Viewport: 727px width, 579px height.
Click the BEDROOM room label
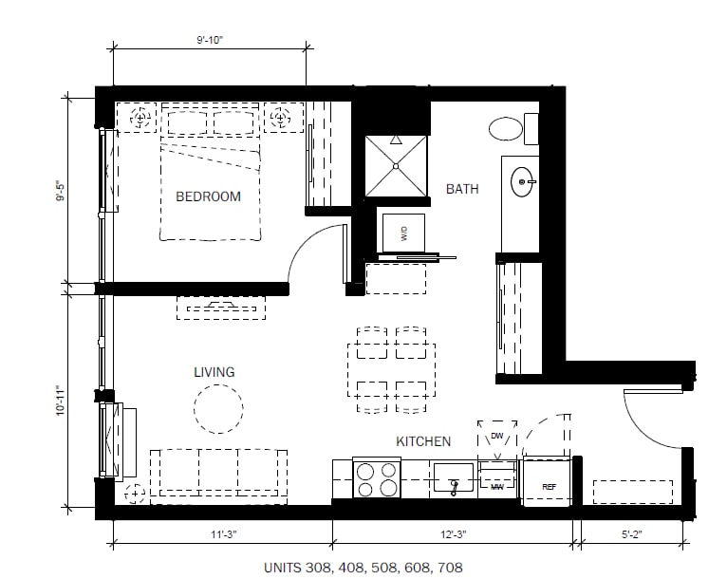coord(208,196)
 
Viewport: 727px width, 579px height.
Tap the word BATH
coord(462,189)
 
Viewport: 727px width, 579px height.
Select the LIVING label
coord(214,372)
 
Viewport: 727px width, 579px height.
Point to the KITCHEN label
coord(423,441)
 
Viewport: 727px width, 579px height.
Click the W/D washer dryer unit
coord(403,233)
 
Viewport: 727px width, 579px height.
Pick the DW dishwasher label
coord(497,436)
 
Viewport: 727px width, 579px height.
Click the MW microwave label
coord(497,487)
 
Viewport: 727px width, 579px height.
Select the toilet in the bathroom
coord(513,128)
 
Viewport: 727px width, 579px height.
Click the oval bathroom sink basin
coord(523,181)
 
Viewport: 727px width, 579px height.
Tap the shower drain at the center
coord(396,166)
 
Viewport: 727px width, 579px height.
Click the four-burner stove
coord(377,480)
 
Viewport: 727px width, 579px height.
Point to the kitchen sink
coord(454,477)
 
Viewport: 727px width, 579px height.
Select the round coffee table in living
coord(218,409)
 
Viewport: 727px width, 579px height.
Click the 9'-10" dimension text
coord(210,40)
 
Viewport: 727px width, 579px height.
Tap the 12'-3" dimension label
coord(453,534)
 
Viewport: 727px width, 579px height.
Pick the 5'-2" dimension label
coord(631,534)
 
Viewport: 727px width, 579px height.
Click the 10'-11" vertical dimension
coord(61,400)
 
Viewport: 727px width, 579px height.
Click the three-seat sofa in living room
coord(218,476)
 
